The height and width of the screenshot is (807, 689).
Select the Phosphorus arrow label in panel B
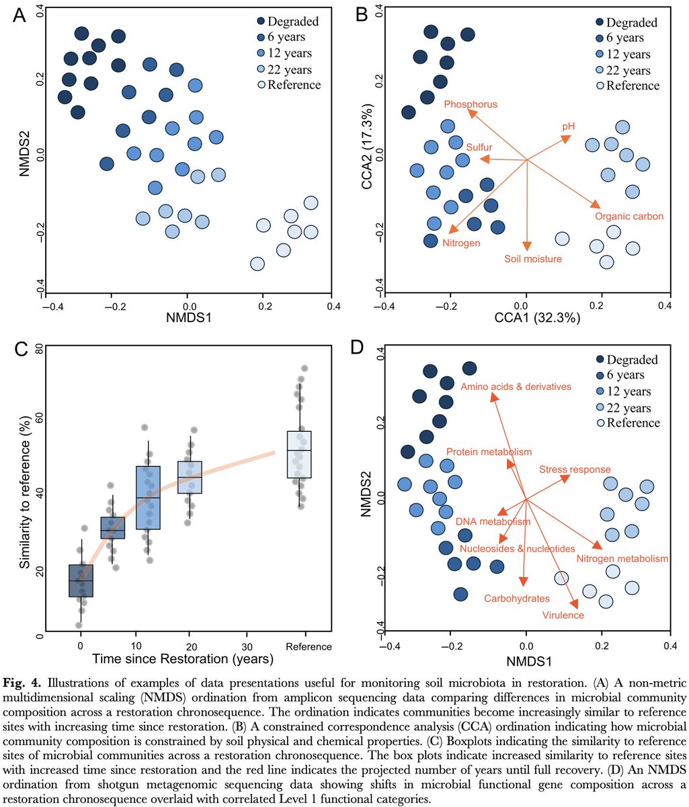tap(471, 104)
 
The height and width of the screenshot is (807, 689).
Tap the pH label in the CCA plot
tap(569, 126)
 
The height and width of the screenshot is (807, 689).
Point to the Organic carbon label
tap(629, 217)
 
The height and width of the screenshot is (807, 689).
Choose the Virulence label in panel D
tap(563, 615)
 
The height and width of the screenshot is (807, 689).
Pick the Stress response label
tap(575, 469)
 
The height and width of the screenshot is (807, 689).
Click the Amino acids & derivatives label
tap(516, 387)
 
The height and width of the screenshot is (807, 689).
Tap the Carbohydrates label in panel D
tap(517, 597)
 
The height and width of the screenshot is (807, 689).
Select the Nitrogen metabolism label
tap(622, 558)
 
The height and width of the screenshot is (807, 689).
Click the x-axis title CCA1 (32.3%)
tap(526, 319)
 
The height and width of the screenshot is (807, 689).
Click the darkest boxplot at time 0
tap(81, 580)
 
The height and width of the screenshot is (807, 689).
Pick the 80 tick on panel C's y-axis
tap(39, 349)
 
